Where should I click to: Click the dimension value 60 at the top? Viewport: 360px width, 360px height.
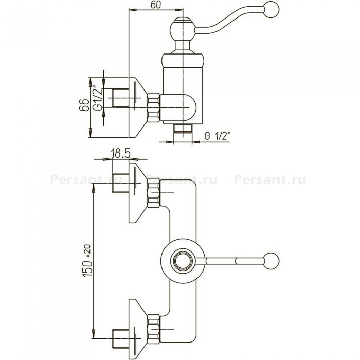coord(156,5)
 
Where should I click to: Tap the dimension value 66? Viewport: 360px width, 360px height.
coord(84,105)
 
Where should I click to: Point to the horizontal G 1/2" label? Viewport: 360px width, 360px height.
coord(217,136)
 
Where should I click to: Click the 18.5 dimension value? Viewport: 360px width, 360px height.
coord(120,153)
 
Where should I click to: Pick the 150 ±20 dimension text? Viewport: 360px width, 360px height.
coord(87,261)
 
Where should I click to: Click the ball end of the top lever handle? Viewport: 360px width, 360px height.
coord(272,9)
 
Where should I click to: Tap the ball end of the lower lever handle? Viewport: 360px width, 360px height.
coord(272,261)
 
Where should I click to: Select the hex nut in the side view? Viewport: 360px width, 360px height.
coord(153,107)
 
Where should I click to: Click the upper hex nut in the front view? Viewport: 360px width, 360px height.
coord(154,193)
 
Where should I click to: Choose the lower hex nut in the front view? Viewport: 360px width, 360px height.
coord(154,329)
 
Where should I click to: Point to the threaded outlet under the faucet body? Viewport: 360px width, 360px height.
coord(183,128)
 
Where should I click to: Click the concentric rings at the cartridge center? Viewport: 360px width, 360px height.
coord(183,261)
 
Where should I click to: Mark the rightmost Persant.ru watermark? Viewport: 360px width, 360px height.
coord(270,179)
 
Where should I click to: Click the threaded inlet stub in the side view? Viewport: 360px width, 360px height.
coord(120,98)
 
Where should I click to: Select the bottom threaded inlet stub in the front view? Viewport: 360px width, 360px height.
coord(120,338)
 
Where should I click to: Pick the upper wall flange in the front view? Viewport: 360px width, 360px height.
coord(137,193)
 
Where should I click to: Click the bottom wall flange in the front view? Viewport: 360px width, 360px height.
coord(137,330)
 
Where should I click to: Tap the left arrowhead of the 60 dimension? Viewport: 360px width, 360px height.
coord(133,10)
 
